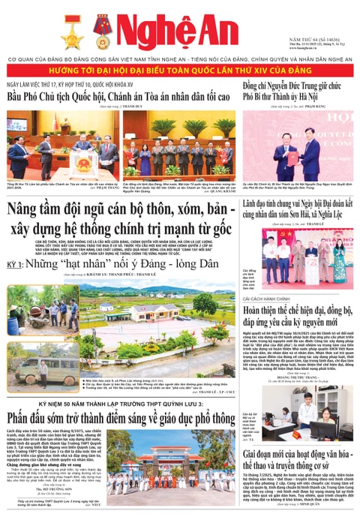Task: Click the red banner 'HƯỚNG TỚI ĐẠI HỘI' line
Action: pyautogui.click(x=180, y=68)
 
